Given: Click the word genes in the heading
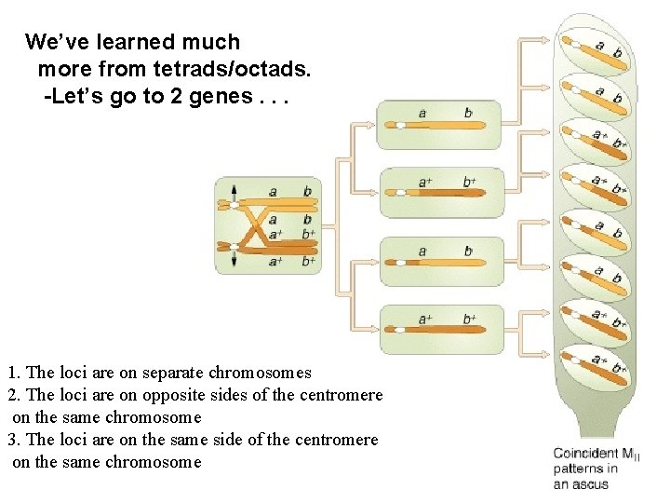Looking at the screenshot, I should click(x=211, y=97).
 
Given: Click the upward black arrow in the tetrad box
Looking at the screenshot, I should click(x=234, y=193).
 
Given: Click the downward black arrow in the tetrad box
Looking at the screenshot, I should click(x=234, y=260).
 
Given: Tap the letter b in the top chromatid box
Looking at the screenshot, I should click(x=467, y=114).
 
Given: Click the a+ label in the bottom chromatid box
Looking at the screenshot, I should click(x=424, y=319).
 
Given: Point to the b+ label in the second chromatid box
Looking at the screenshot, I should click(x=469, y=182).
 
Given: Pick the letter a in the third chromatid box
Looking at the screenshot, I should click(x=422, y=251).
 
